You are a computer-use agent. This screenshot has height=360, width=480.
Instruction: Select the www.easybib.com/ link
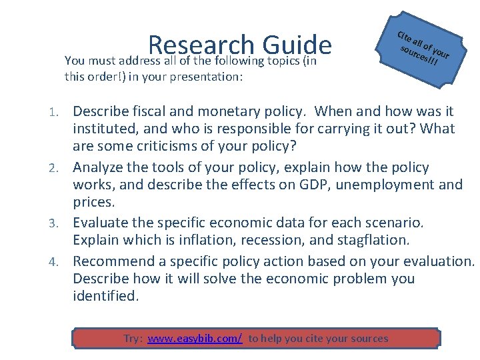coord(195,339)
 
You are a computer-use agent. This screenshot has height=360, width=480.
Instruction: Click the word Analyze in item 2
coord(97,167)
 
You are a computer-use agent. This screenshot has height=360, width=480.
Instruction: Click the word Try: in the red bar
coord(133,339)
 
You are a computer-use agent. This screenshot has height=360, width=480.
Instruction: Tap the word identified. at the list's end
coord(106,296)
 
